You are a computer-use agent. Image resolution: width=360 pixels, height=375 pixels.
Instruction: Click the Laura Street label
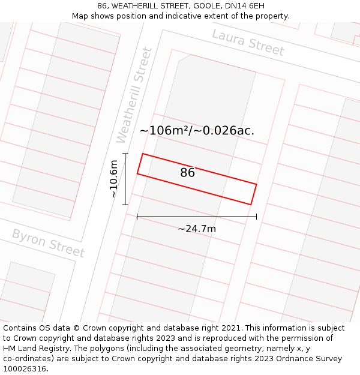point(248,42)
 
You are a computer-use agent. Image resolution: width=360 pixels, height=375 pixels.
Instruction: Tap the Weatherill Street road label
point(134,95)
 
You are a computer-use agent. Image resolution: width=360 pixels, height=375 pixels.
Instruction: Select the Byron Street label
point(48,242)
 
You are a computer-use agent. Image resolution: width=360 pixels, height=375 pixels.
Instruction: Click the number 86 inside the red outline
point(187,173)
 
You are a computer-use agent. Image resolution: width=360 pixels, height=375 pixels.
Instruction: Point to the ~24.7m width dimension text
point(197,229)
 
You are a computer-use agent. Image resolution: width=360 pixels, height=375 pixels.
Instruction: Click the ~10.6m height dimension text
point(114,178)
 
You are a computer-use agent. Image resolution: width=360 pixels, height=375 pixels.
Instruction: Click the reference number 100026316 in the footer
point(25,369)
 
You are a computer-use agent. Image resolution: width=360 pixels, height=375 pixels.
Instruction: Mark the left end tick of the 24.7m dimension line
point(137,217)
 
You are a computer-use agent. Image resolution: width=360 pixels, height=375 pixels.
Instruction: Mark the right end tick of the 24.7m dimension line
point(256,217)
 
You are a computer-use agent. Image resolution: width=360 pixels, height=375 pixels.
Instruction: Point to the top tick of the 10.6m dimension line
point(125,154)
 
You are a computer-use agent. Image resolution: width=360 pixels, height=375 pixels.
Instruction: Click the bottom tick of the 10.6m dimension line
point(125,205)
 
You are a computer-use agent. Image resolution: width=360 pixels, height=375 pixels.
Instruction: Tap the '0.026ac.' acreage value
point(226,130)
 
